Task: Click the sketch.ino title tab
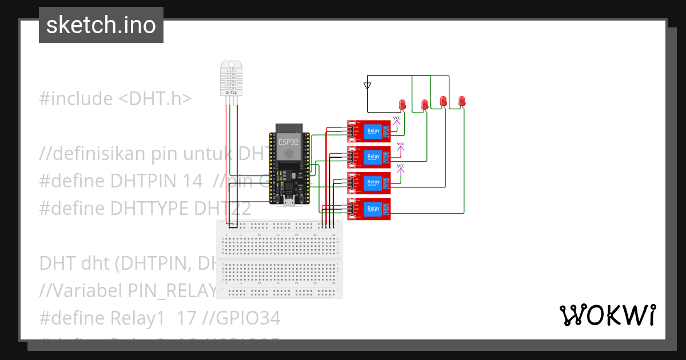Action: (101, 25)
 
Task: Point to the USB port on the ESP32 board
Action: (290, 201)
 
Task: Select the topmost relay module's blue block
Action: (373, 131)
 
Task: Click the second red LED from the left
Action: (425, 104)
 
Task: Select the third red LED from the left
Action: (443, 101)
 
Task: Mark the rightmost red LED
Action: (462, 101)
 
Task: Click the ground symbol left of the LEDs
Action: (367, 86)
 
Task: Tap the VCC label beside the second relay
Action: (401, 144)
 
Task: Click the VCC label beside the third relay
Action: (401, 166)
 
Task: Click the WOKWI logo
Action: (607, 315)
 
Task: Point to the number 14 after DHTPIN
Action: (190, 181)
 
